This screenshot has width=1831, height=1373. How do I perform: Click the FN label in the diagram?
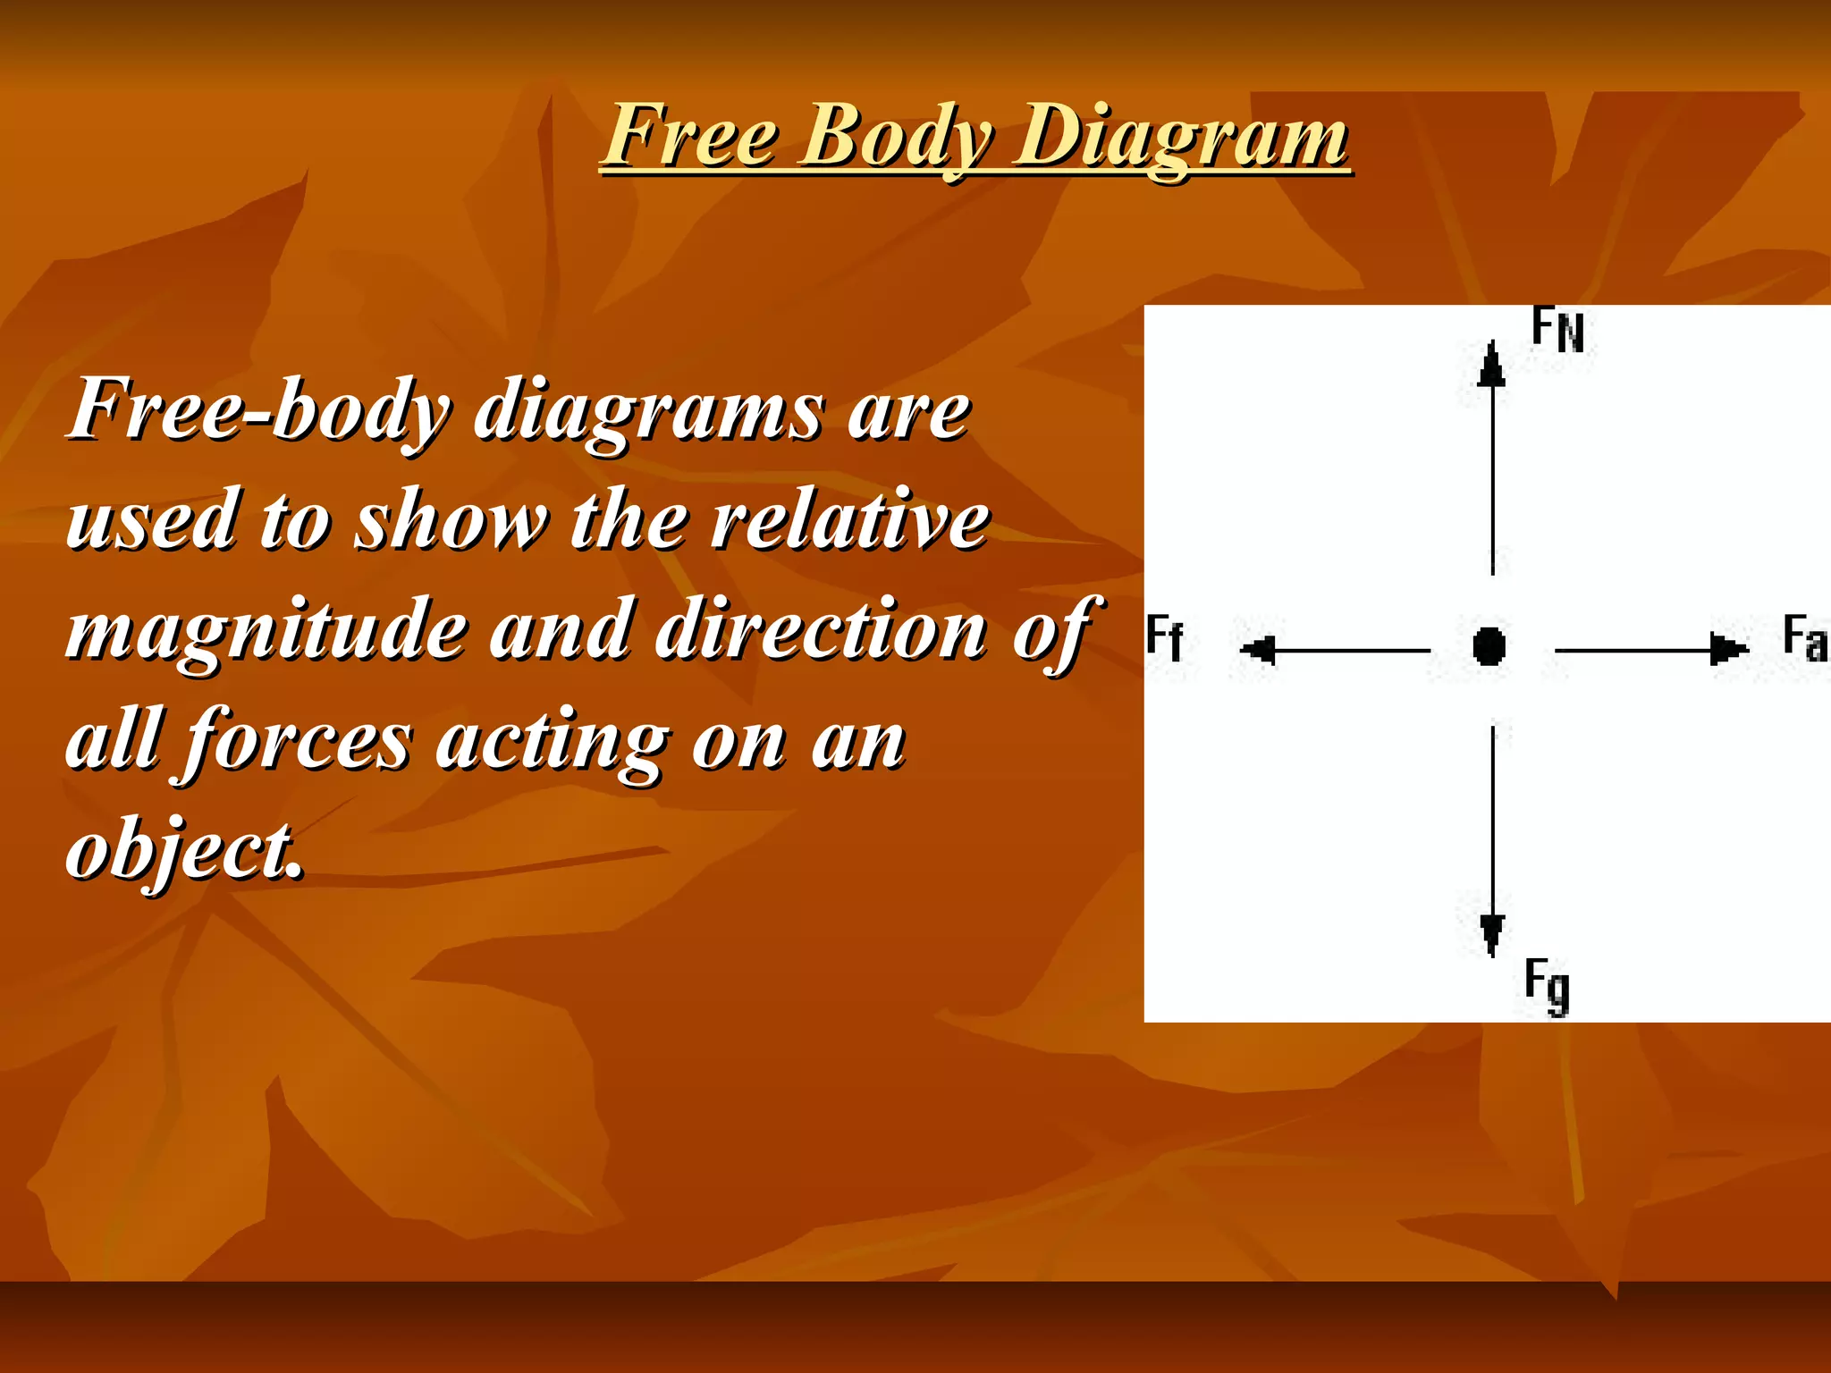click(x=1557, y=329)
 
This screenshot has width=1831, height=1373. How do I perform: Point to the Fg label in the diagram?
click(x=1547, y=985)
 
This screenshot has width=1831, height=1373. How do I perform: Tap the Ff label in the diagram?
click(x=1164, y=638)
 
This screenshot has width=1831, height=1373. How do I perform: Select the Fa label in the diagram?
click(x=1804, y=638)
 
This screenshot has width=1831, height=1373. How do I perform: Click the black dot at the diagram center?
click(x=1489, y=645)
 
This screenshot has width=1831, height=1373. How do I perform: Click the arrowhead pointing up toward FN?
click(x=1491, y=366)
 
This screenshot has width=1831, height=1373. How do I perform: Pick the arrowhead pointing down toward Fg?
click(x=1491, y=935)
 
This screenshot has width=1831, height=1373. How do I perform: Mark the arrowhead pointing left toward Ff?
click(x=1259, y=650)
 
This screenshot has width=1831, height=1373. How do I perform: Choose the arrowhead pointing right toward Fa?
click(x=1727, y=649)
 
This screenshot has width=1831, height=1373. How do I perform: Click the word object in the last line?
click(x=184, y=849)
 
